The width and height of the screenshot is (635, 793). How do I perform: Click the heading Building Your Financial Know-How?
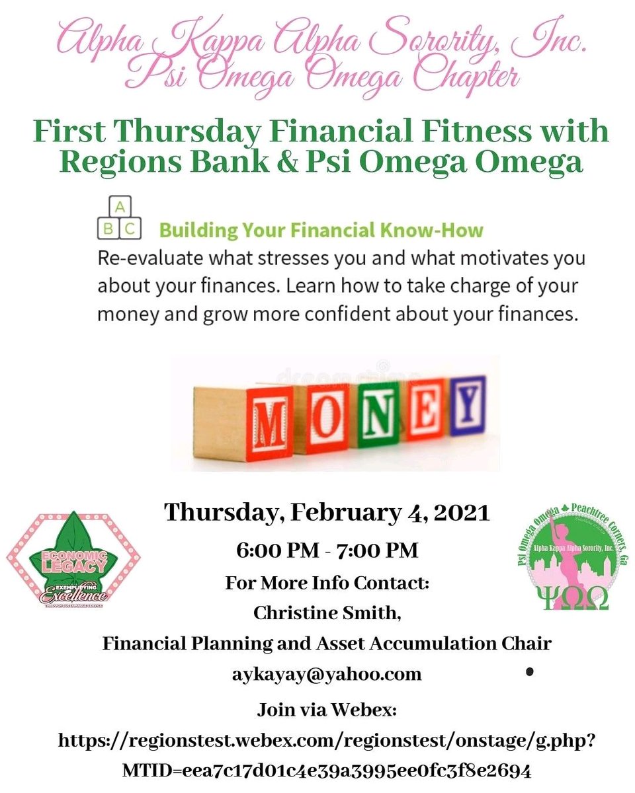[x=321, y=230]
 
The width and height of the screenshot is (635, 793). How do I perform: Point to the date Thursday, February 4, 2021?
[x=327, y=512]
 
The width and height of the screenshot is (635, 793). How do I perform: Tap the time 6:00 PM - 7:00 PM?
[x=327, y=550]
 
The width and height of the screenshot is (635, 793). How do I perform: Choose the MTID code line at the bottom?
[x=327, y=770]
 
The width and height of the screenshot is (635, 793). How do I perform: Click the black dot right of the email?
[x=530, y=673]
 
